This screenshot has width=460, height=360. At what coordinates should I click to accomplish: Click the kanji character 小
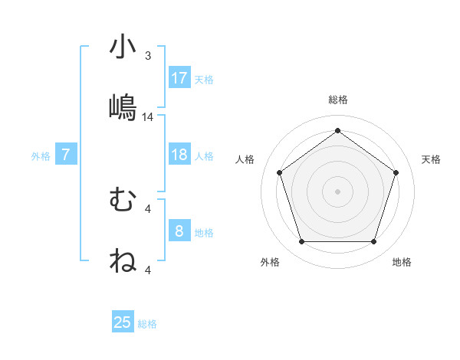click(123, 47)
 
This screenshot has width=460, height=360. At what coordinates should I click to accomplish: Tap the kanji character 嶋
click(123, 107)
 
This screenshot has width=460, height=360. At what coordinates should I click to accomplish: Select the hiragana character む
click(123, 200)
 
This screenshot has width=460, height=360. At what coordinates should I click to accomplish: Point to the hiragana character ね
click(123, 260)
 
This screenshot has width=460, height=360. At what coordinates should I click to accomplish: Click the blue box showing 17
click(179, 78)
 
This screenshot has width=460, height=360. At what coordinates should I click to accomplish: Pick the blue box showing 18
click(179, 155)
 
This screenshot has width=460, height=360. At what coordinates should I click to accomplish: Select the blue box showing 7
click(66, 155)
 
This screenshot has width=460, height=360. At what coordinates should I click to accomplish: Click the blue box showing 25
click(123, 322)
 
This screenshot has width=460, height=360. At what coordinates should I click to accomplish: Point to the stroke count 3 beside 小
click(148, 56)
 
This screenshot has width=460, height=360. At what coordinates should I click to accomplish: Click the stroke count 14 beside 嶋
click(148, 117)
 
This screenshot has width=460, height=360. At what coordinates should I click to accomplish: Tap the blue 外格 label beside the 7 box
click(41, 155)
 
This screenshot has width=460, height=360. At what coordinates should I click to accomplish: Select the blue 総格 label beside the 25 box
click(147, 324)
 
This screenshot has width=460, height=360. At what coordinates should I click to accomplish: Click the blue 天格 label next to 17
click(204, 79)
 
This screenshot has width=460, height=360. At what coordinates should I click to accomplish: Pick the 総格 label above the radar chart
click(337, 100)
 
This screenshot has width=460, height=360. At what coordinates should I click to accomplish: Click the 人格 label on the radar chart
click(245, 159)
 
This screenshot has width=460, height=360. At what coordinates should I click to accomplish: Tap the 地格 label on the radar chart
click(402, 262)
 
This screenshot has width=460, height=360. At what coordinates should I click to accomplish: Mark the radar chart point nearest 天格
click(396, 172)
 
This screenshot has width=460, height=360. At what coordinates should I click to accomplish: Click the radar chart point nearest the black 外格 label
click(301, 242)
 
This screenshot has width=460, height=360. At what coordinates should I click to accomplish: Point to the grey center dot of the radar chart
click(337, 191)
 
